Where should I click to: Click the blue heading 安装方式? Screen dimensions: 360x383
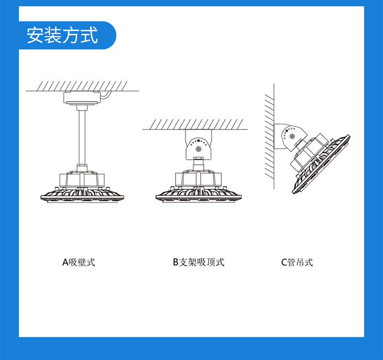point(62,35)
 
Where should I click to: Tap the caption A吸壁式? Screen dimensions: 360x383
point(79,262)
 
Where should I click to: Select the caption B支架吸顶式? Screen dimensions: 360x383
point(199,262)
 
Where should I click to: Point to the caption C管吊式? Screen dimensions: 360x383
point(297,262)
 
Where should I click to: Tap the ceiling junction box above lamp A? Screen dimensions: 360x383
point(82,99)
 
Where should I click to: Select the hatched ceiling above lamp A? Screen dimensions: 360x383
point(82,86)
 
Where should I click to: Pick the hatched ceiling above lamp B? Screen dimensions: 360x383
point(194,124)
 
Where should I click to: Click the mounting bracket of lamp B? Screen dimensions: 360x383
point(198,145)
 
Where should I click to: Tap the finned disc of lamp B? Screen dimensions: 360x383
point(197,194)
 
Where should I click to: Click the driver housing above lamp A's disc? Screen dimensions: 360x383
point(81,180)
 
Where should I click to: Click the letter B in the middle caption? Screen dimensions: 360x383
point(176,262)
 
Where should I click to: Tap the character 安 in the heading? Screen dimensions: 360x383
point(35,35)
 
